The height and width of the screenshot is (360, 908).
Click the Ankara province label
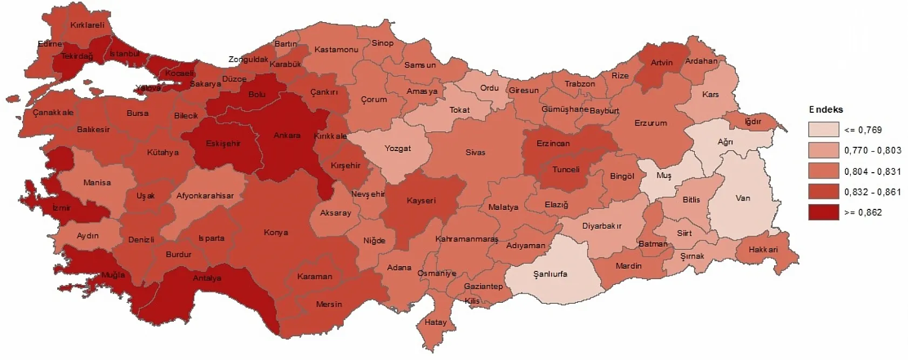(287, 135)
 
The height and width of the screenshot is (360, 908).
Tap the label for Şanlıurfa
(550, 274)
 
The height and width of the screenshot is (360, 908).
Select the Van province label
(743, 198)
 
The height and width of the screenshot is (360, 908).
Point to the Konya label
(276, 233)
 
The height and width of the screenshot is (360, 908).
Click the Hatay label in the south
(436, 322)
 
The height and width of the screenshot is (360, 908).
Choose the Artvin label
(662, 63)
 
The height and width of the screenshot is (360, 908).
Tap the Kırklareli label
(87, 25)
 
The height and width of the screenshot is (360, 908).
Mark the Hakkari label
(763, 249)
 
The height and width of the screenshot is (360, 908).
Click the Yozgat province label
(398, 148)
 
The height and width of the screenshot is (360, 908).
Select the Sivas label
(476, 153)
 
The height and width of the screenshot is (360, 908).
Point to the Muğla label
(113, 275)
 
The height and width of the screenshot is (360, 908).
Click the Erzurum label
(650, 123)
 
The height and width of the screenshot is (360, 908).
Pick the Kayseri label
(421, 200)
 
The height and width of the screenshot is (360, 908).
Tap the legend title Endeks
(826, 110)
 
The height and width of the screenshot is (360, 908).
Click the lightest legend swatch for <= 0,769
(823, 130)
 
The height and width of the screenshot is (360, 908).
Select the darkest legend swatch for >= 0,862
(823, 213)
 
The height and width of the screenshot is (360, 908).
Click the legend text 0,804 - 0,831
(873, 172)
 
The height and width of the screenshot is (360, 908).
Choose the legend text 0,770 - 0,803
(873, 151)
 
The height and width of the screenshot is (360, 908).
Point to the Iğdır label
(753, 121)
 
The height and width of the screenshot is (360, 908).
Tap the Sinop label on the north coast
(382, 43)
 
